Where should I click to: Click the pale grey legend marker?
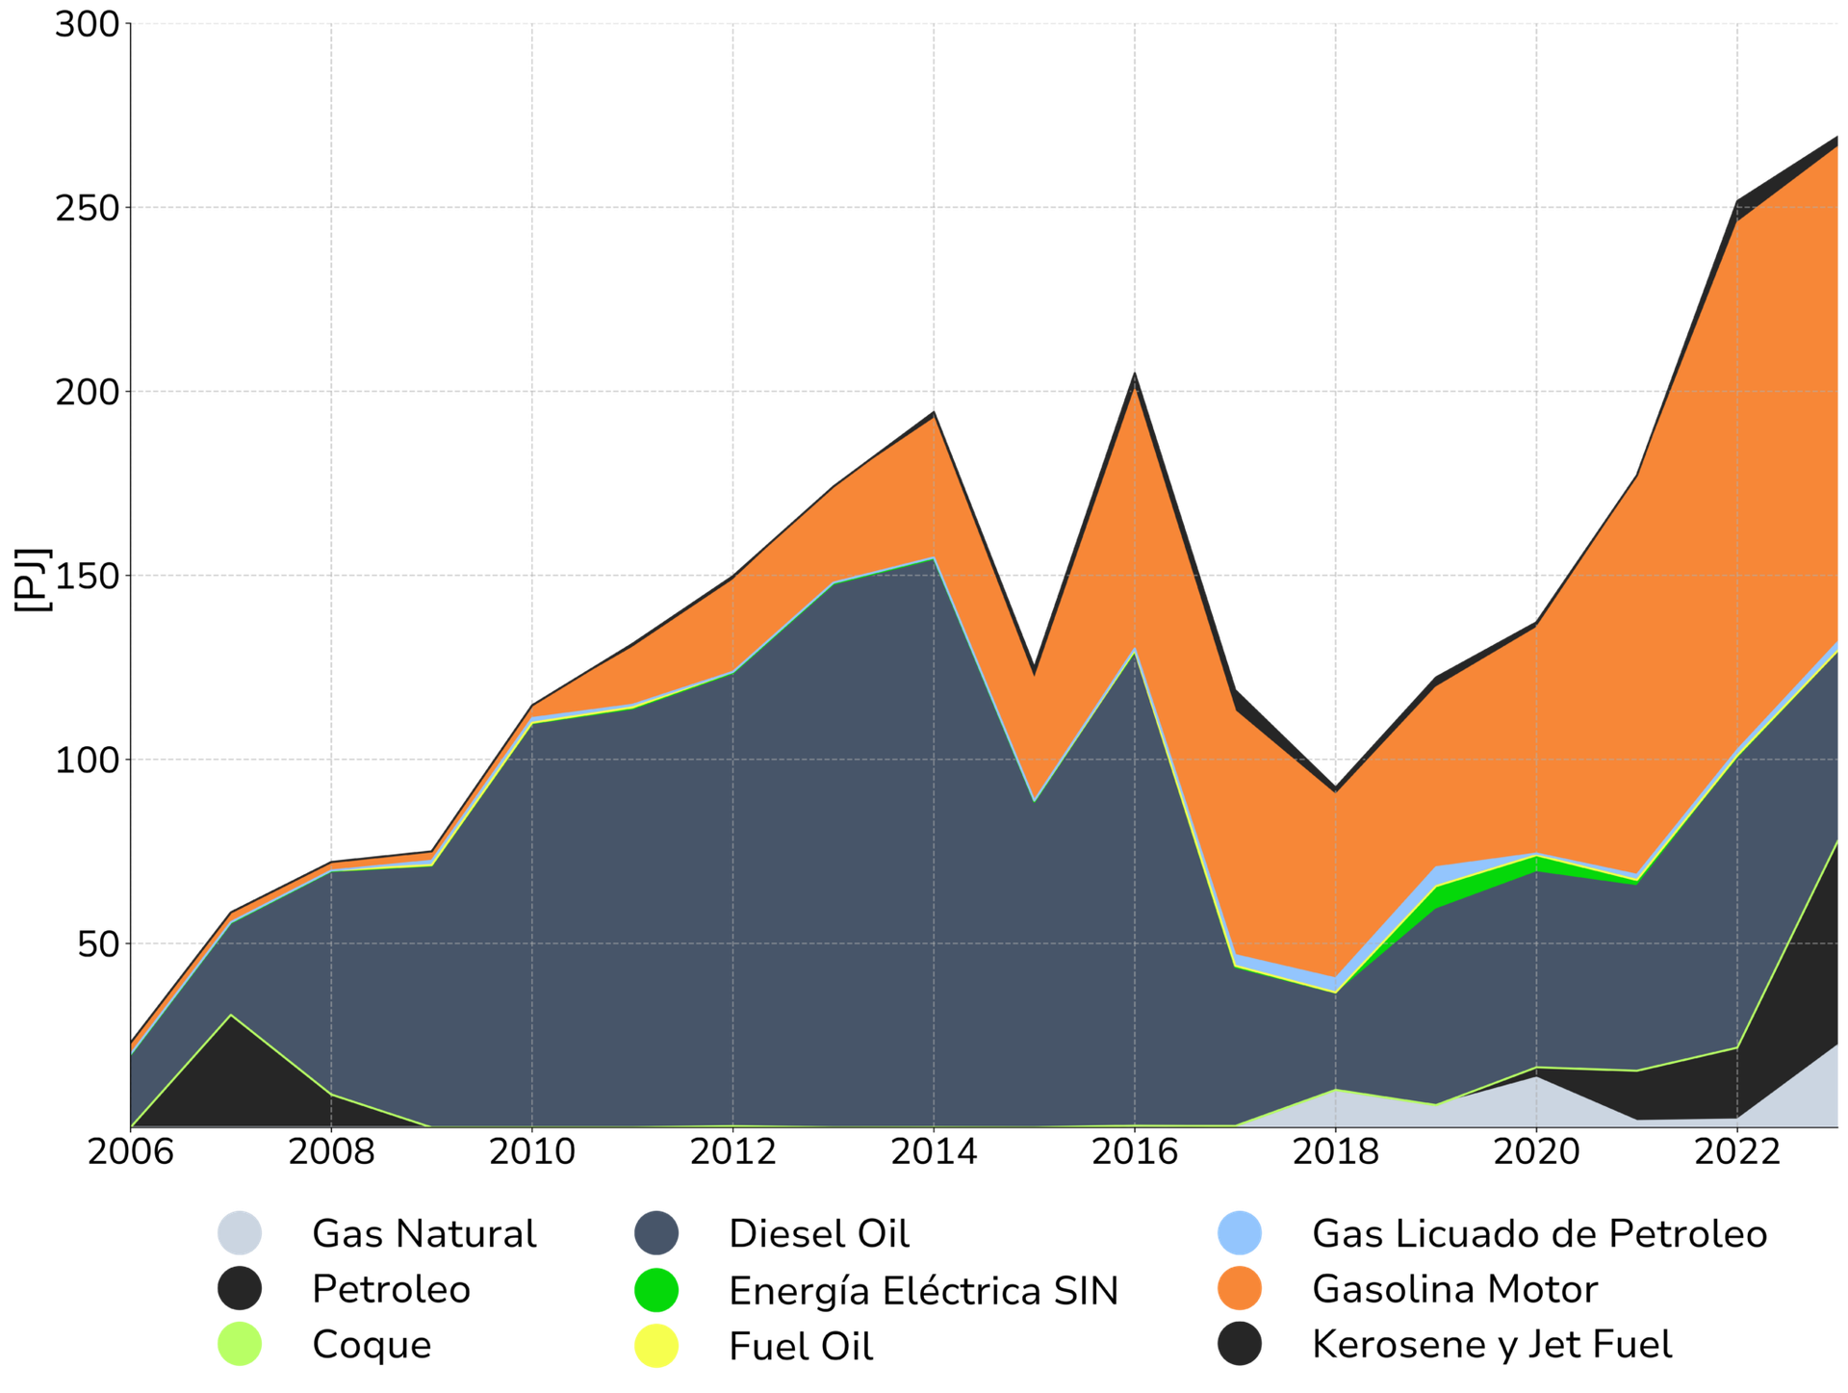[x=240, y=1232]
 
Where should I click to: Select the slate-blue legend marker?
[x=655, y=1232]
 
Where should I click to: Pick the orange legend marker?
[x=1240, y=1288]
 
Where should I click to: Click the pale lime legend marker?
[x=240, y=1344]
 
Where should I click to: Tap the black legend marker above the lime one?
[x=240, y=1288]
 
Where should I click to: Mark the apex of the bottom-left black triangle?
[x=231, y=1016]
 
